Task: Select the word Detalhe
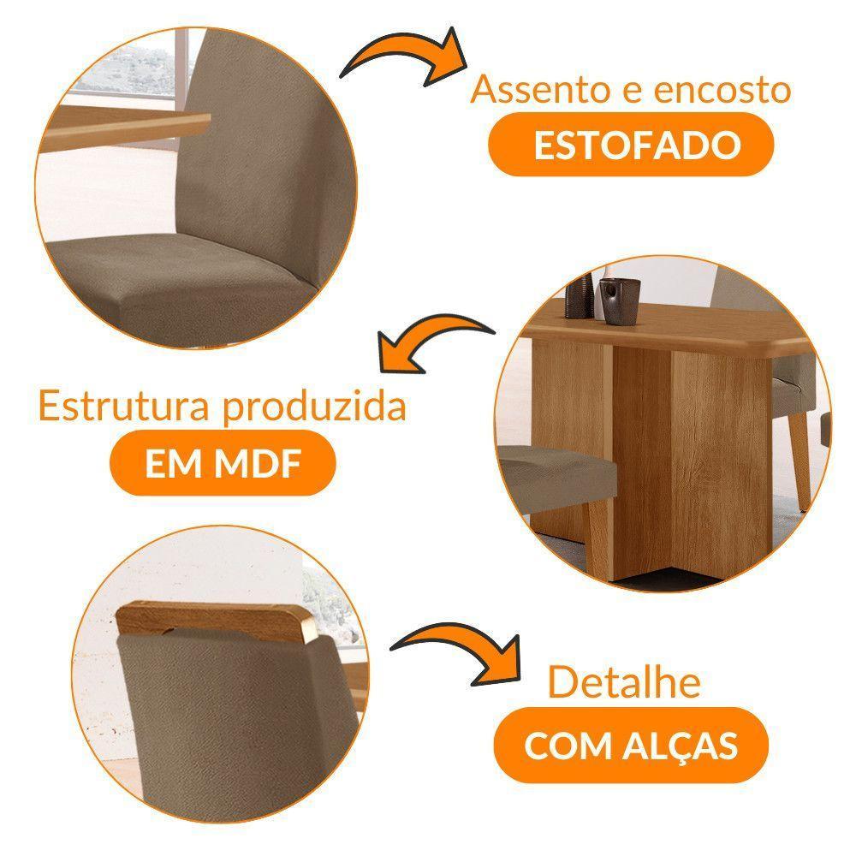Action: [x=624, y=683]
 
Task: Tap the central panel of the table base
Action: [x=642, y=445]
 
